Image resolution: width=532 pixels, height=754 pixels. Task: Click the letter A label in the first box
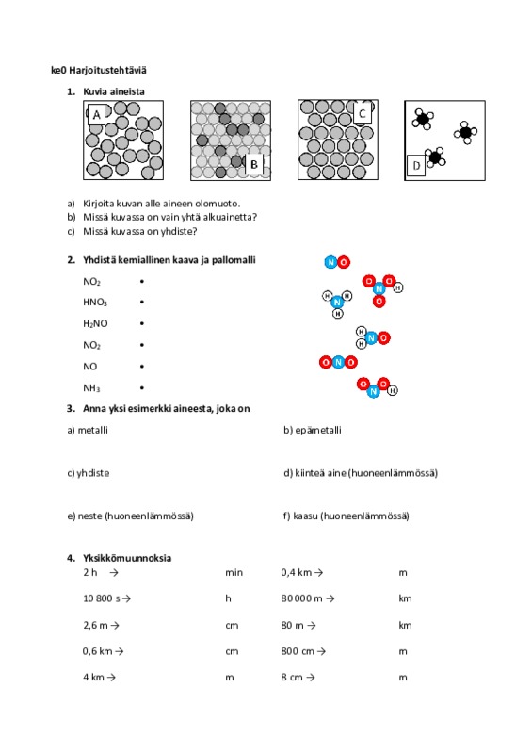tap(97, 115)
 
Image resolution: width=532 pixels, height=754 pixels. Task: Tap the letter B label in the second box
tap(254, 164)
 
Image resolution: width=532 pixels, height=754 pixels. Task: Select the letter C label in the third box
tap(363, 113)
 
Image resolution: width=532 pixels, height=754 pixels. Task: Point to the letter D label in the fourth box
tap(416, 166)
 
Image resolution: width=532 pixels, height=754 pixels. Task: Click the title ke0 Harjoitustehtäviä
tap(99, 70)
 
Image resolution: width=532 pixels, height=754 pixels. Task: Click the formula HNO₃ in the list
tap(95, 303)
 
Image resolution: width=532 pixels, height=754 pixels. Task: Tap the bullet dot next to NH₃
tap(142, 387)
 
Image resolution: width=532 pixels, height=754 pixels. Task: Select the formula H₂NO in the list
tap(95, 323)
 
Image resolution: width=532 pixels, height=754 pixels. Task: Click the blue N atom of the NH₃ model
tap(337, 302)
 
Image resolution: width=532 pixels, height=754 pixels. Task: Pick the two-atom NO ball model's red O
tap(344, 262)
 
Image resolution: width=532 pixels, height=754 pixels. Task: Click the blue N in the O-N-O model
tap(338, 362)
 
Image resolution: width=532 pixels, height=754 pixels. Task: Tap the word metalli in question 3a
tap(93, 430)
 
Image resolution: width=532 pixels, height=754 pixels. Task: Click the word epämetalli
tap(318, 431)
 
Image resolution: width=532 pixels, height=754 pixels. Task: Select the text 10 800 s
tap(102, 598)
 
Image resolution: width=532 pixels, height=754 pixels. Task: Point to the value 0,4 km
tap(297, 573)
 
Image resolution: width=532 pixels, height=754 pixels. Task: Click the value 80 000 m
tap(302, 598)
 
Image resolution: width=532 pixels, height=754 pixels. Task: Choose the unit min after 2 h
tap(234, 573)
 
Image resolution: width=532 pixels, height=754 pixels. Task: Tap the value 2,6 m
tap(96, 625)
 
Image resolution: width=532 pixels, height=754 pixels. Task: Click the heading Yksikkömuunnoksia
tap(127, 558)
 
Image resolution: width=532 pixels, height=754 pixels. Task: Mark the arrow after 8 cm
tap(311, 678)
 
